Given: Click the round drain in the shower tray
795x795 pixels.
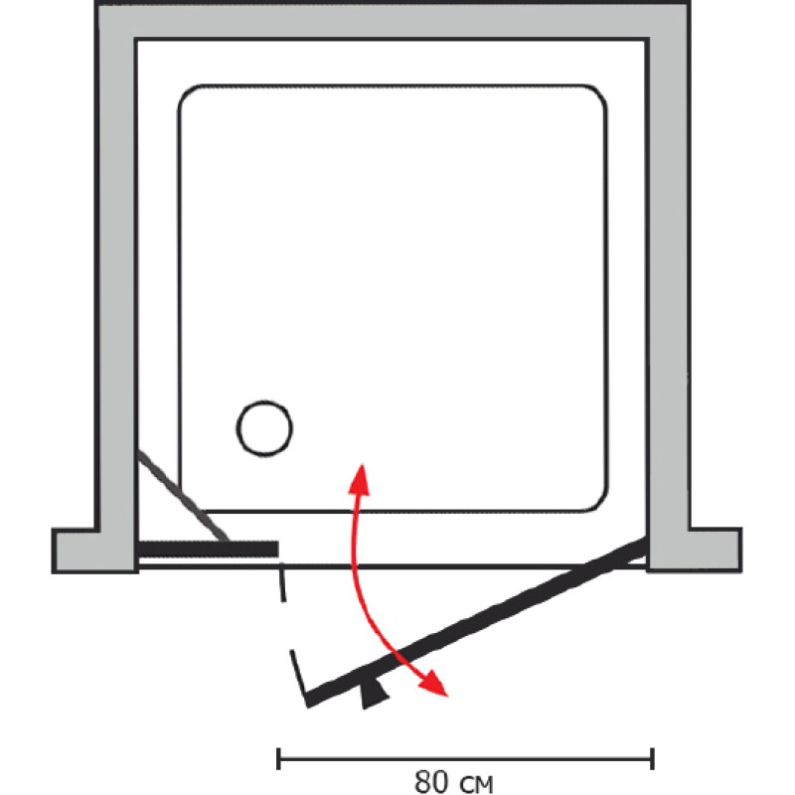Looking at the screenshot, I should click(264, 428).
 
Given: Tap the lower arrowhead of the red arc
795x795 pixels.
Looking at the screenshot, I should click(434, 686).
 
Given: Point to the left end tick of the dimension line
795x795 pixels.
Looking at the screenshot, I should click(278, 758).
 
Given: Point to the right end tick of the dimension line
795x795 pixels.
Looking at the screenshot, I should click(651, 758).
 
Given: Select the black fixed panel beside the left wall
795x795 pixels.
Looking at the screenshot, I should click(207, 549).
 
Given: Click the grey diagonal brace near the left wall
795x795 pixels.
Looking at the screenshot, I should click(184, 497).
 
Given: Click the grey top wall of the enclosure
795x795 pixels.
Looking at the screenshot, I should click(393, 21).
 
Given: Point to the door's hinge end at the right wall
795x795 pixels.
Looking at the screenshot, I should click(641, 545).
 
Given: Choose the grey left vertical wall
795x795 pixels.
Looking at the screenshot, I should click(116, 278).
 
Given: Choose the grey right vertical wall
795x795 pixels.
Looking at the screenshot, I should click(670, 278).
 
